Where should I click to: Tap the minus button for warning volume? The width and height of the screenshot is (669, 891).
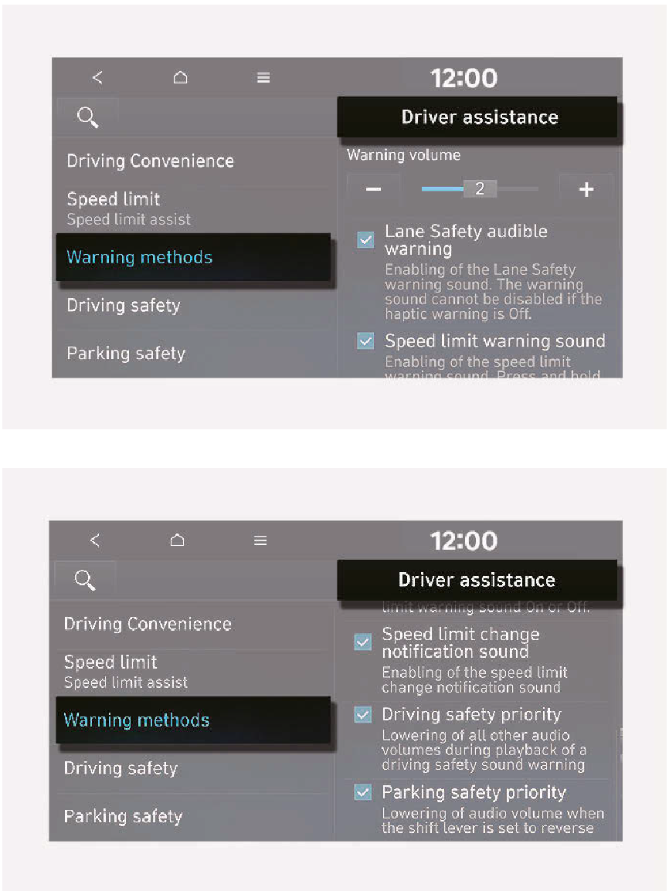click(373, 189)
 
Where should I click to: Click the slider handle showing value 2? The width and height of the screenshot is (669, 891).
click(480, 188)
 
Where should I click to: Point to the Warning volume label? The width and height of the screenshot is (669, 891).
click(403, 155)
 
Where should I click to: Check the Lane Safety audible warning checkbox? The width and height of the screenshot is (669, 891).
click(365, 239)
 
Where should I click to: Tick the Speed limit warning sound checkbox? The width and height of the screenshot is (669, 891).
click(365, 340)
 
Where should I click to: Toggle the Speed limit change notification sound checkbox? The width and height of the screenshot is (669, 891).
click(362, 642)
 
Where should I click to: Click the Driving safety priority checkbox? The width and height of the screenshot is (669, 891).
click(362, 714)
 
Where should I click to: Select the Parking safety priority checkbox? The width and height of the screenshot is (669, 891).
click(362, 791)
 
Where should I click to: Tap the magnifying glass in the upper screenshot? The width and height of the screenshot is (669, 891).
click(88, 117)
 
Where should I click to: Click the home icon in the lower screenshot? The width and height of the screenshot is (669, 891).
click(178, 540)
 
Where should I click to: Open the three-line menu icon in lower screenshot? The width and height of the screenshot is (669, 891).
click(260, 540)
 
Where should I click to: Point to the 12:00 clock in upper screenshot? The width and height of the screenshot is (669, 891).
click(464, 78)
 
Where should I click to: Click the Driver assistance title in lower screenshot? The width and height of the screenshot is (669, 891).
click(477, 580)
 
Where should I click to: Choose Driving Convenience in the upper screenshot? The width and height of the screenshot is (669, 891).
click(150, 161)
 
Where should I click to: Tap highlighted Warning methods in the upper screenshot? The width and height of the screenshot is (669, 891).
click(140, 257)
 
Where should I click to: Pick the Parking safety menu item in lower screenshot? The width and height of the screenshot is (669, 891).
click(123, 816)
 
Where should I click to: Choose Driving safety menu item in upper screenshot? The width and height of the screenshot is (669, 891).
click(124, 305)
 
